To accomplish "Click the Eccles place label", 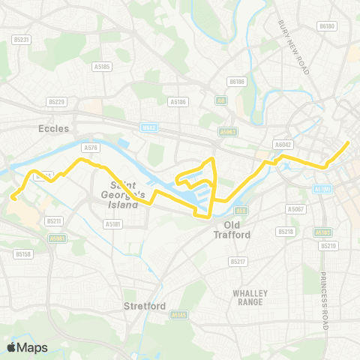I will (53, 128).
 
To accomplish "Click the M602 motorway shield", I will (149, 127).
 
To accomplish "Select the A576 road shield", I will (91, 148).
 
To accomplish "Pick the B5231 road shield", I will (21, 39).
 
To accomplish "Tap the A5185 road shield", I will (103, 66).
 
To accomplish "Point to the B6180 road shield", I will (325, 26).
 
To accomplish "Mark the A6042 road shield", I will (283, 144).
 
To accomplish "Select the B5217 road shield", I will (237, 261).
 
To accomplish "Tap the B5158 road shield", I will (22, 254).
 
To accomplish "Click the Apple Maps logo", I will (26, 347).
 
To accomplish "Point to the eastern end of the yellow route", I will (349, 142).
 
